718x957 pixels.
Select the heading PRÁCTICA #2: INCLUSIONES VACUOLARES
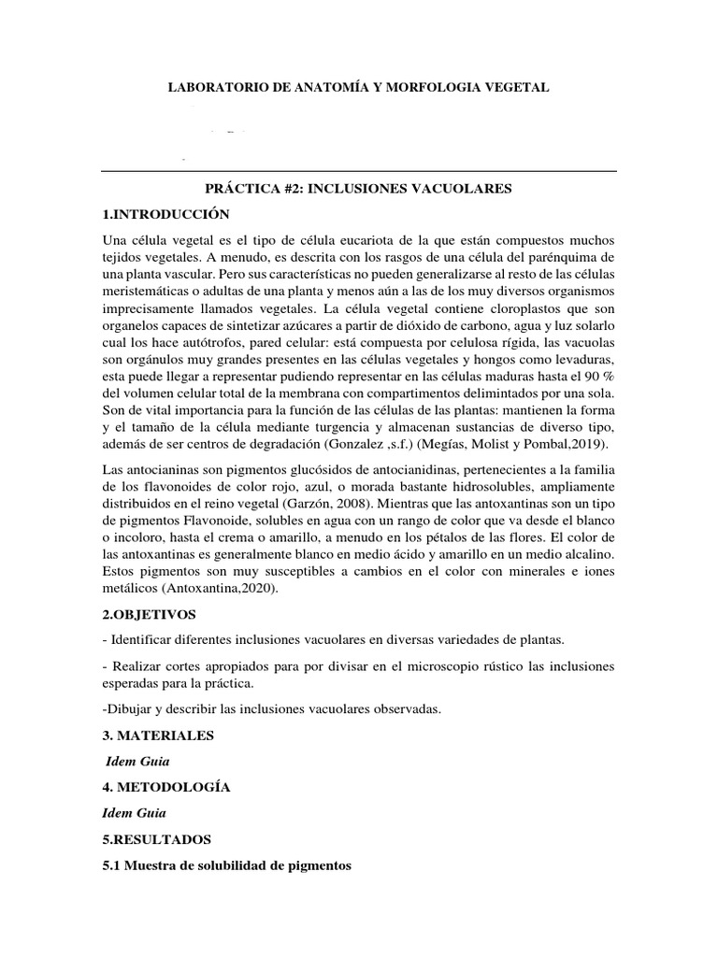[x=358, y=189]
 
